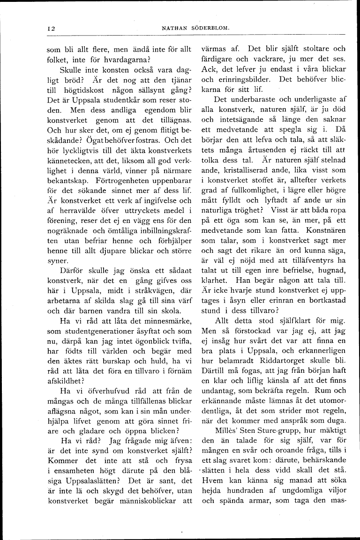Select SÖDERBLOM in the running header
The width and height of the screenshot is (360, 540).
210,29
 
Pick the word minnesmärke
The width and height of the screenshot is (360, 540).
166,321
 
